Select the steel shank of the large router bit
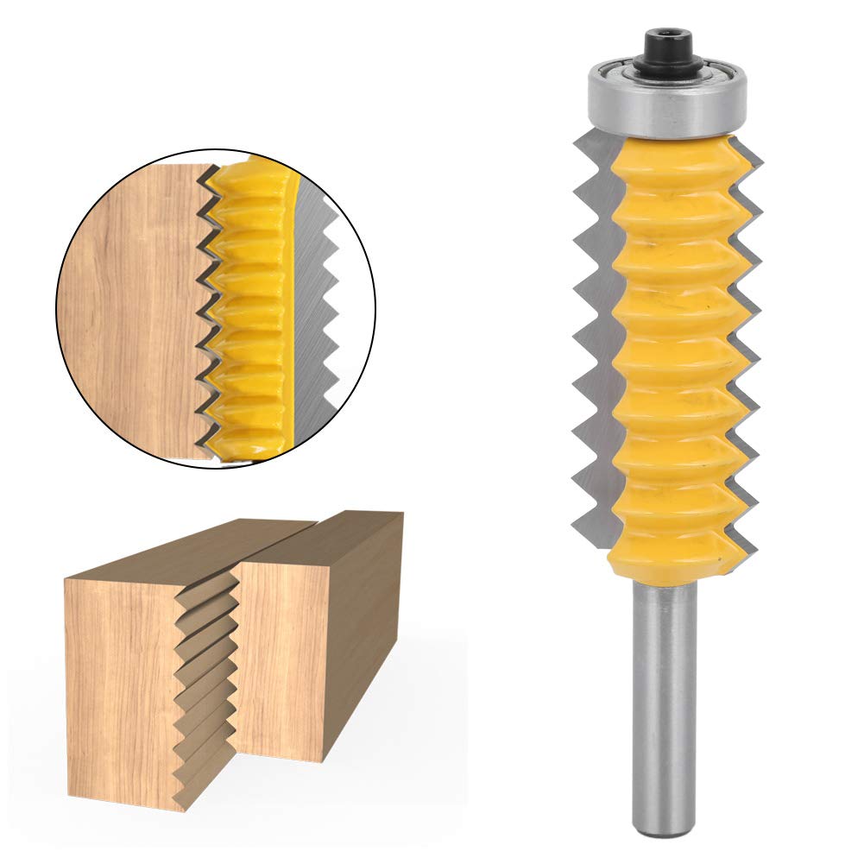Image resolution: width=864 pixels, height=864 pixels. click(x=664, y=691)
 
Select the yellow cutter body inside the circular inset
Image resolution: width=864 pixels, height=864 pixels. click(x=250, y=311)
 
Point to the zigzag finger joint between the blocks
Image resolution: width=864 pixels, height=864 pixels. click(x=203, y=673)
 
